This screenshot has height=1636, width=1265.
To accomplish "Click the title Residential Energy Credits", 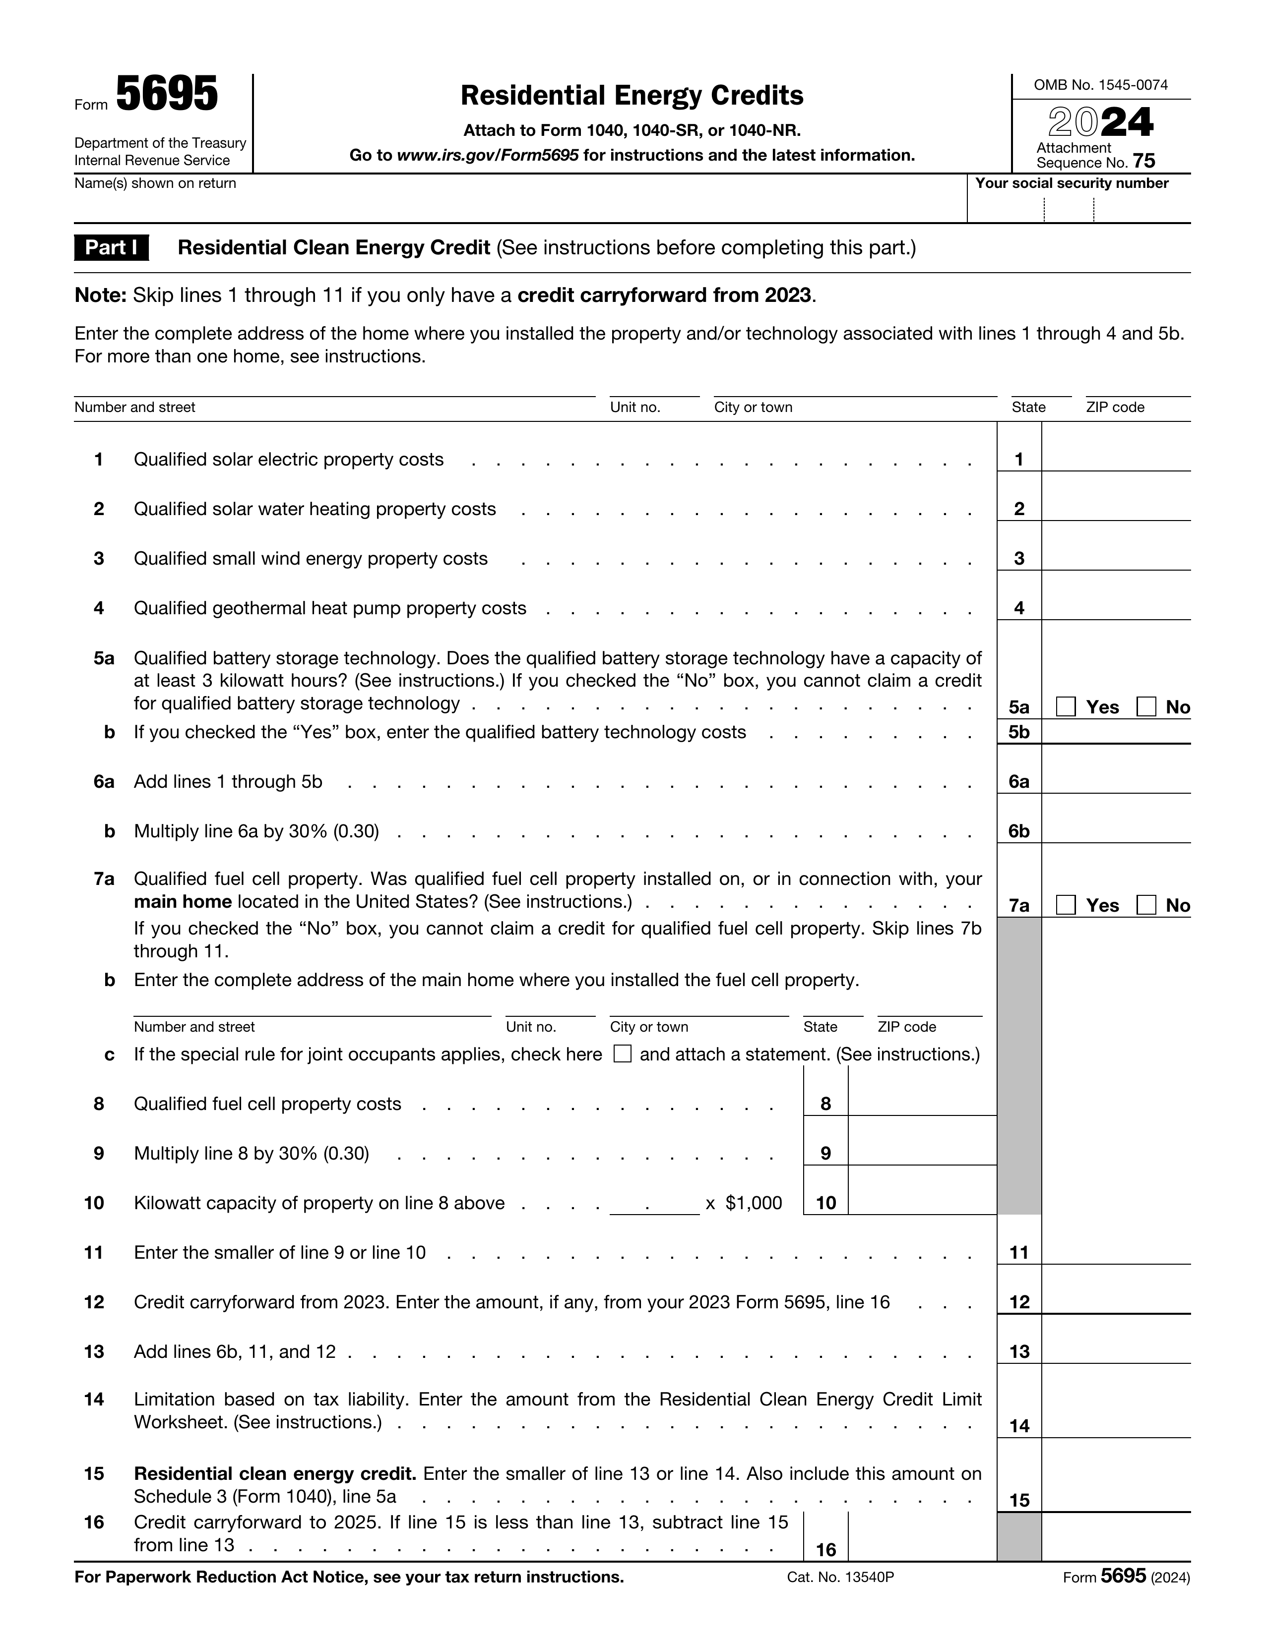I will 632,95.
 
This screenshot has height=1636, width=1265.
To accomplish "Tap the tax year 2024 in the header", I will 1100,122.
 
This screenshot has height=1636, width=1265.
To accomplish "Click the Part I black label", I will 111,248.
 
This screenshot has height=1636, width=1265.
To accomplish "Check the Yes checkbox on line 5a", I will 1066,706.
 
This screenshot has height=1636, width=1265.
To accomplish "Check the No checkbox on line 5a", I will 1146,706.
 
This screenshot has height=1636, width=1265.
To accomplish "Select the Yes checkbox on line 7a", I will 1066,905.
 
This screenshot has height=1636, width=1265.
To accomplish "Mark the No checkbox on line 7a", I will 1146,905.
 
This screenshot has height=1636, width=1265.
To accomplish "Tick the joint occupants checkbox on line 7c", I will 622,1054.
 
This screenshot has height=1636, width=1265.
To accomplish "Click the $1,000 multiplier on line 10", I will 753,1203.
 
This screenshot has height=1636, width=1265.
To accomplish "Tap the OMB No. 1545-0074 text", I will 1100,85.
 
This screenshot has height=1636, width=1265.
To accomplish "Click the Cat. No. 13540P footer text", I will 840,1578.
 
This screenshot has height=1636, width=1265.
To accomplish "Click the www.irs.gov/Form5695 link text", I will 487,156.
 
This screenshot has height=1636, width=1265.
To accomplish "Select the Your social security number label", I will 1072,183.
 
